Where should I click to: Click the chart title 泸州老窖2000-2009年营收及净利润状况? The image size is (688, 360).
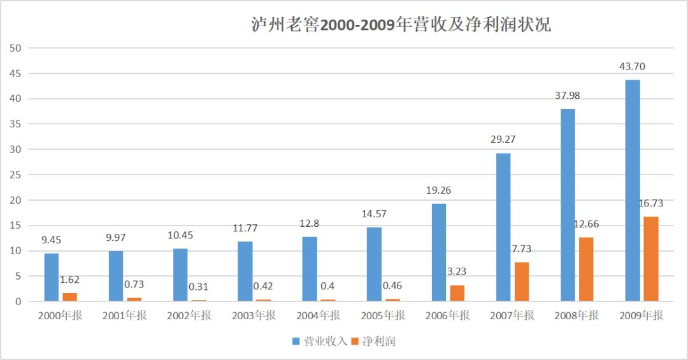point(400,25)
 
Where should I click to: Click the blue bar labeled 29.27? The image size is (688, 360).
point(503,227)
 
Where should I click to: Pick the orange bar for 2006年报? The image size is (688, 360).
point(457,293)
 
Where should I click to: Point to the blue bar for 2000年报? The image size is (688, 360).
point(52,277)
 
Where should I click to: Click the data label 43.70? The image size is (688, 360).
point(632,67)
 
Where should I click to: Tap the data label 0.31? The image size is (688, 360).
point(199,287)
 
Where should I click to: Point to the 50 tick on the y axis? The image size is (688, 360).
point(16,48)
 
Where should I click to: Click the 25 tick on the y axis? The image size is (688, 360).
point(16,175)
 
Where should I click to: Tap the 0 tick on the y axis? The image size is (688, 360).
point(18,301)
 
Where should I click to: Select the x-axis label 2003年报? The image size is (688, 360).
point(253,315)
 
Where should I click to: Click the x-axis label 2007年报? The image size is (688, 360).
point(512,315)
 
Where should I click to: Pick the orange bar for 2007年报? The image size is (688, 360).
point(522,282)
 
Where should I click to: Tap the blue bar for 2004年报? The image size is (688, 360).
point(310,269)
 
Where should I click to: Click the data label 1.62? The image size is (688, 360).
point(69,279)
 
